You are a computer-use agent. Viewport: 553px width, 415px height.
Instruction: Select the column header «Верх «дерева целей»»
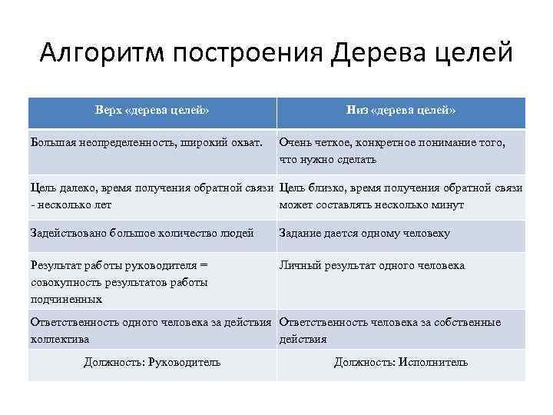(x=152, y=111)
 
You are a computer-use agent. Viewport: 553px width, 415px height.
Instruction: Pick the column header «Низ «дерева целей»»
(x=401, y=111)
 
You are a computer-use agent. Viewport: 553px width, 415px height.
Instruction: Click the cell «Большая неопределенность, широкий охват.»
(x=146, y=142)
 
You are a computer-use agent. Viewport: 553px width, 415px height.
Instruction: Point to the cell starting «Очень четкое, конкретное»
(x=392, y=151)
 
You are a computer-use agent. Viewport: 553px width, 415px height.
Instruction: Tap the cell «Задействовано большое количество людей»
(x=142, y=234)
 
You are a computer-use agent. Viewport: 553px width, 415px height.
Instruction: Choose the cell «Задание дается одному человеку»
(x=365, y=234)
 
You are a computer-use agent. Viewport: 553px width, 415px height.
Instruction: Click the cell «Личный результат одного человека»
(x=372, y=266)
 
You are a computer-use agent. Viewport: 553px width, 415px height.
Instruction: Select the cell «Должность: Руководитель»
(x=152, y=362)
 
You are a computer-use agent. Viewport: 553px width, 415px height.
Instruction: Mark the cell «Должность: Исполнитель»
(x=401, y=362)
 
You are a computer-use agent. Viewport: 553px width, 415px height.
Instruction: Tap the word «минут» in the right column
(x=447, y=205)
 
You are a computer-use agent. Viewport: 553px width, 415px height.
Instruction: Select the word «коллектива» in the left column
(x=59, y=339)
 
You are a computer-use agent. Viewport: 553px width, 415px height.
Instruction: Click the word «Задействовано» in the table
(x=68, y=234)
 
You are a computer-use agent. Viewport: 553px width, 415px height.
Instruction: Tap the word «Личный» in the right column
(x=299, y=266)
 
